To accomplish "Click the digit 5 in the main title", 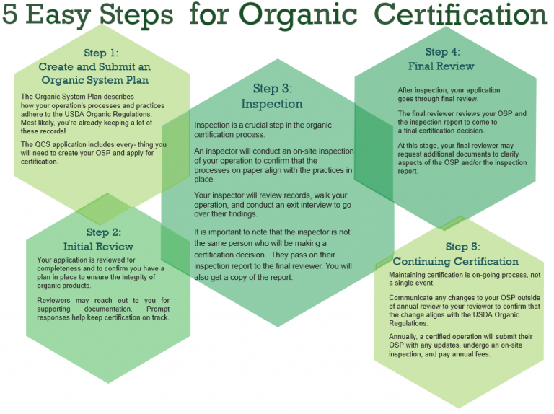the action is [x=9, y=14].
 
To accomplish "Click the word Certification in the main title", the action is [x=460, y=14].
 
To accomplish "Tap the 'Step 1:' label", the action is [x=102, y=53].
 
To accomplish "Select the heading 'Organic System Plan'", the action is [x=95, y=80].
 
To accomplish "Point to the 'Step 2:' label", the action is [x=104, y=232].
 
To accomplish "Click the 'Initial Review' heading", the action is [x=98, y=247].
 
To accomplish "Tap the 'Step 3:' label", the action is [x=273, y=89].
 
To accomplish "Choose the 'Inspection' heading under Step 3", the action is [x=272, y=104].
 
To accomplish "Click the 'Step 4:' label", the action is [x=443, y=52].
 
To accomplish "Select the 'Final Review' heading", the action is [x=441, y=66].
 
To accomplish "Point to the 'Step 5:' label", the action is [x=463, y=247].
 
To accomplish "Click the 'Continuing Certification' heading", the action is [x=456, y=261].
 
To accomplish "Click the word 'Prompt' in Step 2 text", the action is [x=158, y=309].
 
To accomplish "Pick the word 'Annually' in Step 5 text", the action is [x=403, y=337].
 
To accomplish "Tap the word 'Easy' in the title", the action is [x=58, y=14].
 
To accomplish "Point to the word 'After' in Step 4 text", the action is [x=405, y=90].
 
